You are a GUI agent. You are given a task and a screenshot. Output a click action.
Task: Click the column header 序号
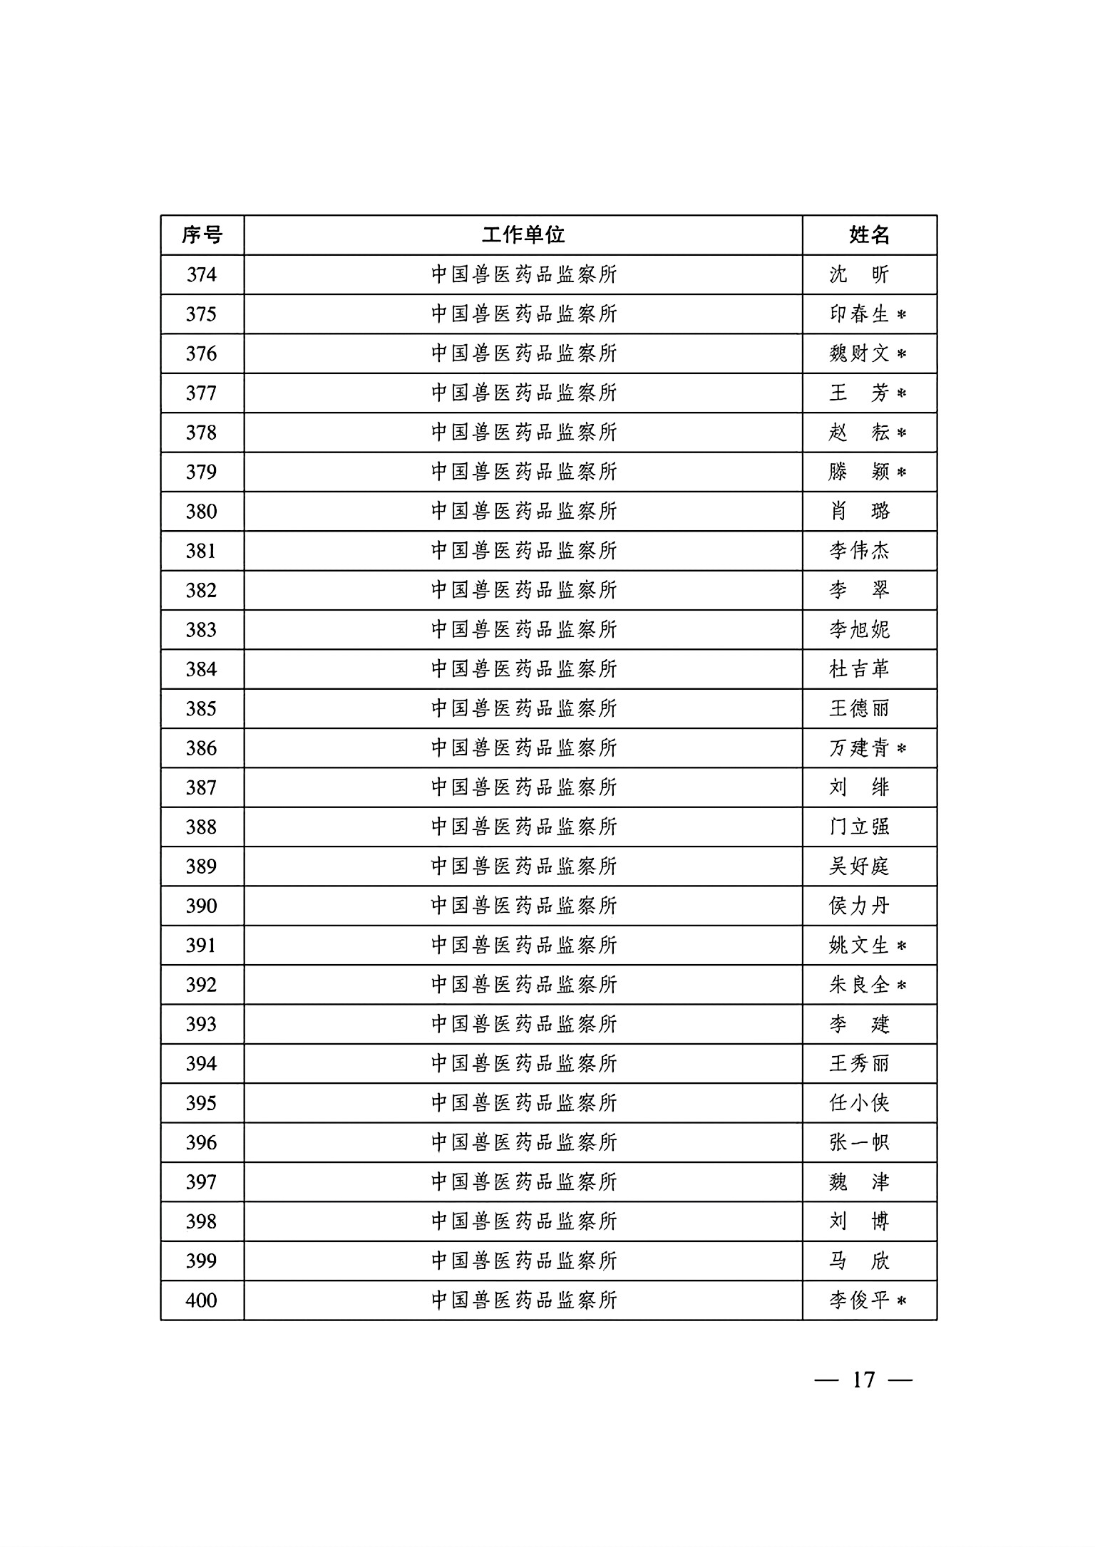point(202,235)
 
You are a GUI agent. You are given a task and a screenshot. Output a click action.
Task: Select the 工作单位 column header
point(523,235)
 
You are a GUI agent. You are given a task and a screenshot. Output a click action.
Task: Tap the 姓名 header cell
point(869,235)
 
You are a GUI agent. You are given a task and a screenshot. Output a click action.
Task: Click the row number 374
point(202,275)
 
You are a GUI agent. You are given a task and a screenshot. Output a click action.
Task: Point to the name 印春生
point(859,314)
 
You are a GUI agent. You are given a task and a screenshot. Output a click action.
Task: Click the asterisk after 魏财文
point(902,354)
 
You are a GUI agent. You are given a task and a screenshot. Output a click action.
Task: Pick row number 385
point(202,709)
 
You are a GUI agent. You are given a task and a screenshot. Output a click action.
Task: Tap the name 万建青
point(859,748)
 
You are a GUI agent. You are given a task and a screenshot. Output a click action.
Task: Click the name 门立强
point(859,827)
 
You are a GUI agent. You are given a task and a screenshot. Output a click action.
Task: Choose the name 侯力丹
point(859,906)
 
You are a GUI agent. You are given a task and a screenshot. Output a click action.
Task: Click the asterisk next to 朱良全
point(902,985)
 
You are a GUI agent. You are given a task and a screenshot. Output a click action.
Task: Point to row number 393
point(202,1025)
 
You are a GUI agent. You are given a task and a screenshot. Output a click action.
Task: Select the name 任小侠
point(859,1104)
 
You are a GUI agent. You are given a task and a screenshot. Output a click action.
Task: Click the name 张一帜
point(859,1143)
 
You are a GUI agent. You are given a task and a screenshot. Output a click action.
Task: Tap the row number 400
point(202,1301)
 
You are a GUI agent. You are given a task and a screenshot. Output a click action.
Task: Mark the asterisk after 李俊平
point(902,1302)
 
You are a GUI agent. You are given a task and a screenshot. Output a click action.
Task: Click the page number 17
point(863,1380)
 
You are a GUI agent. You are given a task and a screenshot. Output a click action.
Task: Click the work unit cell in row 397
point(523,1183)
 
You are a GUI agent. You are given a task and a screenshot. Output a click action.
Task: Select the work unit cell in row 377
point(523,393)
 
